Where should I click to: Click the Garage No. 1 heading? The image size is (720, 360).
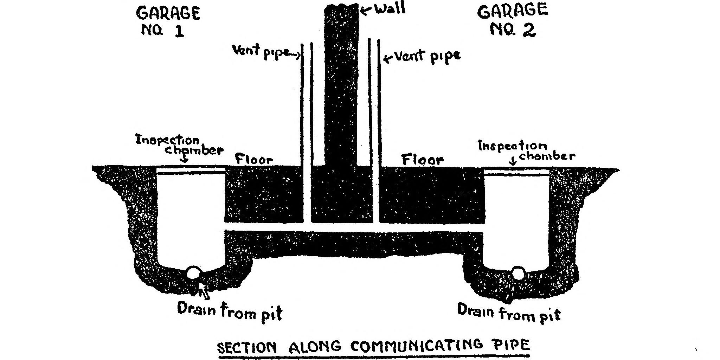(168, 22)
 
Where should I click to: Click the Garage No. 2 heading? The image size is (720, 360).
(513, 20)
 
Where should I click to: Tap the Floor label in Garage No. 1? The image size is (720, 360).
(254, 160)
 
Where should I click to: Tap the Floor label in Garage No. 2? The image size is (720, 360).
(423, 160)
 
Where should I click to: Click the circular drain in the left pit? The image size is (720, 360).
(193, 272)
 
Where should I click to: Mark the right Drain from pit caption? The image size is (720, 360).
(509, 312)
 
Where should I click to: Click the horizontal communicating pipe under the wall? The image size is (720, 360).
(352, 227)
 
